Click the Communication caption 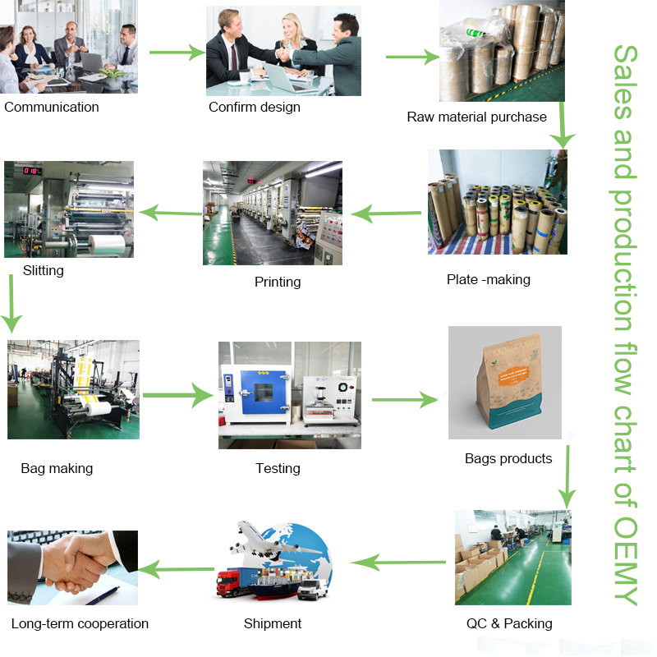pyautogui.click(x=51, y=107)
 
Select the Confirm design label pyautogui.click(x=255, y=107)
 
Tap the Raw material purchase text pyautogui.click(x=476, y=117)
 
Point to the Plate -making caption pyautogui.click(x=489, y=279)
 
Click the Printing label pyautogui.click(x=278, y=282)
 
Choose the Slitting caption pyautogui.click(x=44, y=269)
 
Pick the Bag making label pyautogui.click(x=57, y=468)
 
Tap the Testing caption pyautogui.click(x=278, y=468)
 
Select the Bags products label pyautogui.click(x=508, y=458)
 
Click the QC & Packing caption pyautogui.click(x=509, y=623)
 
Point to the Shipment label pyautogui.click(x=273, y=623)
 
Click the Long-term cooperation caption pyautogui.click(x=80, y=623)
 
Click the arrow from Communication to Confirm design pyautogui.click(x=176, y=53)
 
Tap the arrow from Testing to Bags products pyautogui.click(x=404, y=400)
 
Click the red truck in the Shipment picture pyautogui.click(x=233, y=582)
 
